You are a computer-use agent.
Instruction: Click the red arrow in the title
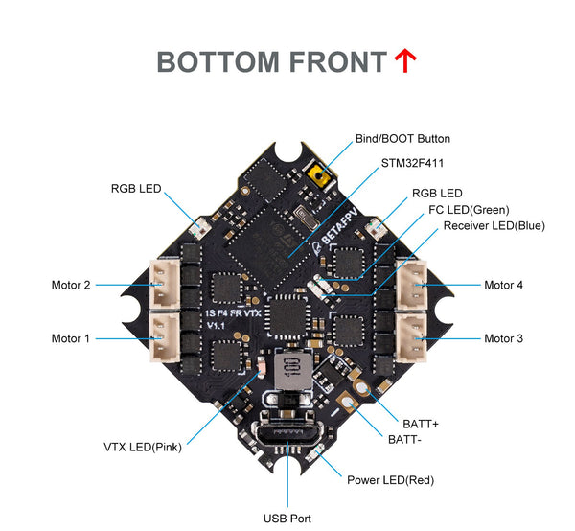[405, 61]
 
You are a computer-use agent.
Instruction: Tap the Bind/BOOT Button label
[402, 139]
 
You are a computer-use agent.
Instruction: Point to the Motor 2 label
[71, 285]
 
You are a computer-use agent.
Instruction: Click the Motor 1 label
[71, 338]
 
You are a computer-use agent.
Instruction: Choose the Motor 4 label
[504, 285]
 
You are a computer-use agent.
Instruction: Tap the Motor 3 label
[504, 338]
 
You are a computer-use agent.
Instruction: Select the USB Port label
[287, 519]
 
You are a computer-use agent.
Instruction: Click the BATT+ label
[421, 423]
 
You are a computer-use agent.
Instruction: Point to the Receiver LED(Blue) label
[494, 226]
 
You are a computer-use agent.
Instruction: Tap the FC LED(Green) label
[469, 209]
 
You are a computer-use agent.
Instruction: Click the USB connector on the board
[287, 433]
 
